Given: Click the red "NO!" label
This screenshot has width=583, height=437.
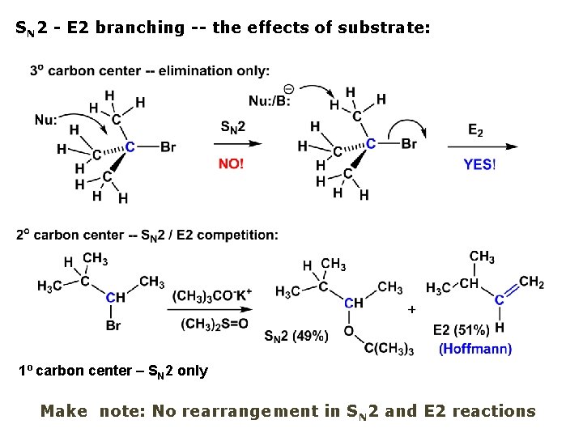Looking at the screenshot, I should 231,163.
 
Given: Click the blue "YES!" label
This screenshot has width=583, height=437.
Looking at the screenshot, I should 479,163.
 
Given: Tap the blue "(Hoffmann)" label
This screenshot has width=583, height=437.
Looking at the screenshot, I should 475,349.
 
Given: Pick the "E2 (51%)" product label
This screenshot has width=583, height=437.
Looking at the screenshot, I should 461,330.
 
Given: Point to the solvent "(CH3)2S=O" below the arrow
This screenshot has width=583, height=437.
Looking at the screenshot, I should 211,325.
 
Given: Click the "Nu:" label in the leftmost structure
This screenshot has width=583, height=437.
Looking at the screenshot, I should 46,119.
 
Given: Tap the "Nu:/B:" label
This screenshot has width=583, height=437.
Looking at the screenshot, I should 269,102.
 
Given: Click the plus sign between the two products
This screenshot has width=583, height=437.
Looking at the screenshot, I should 412,309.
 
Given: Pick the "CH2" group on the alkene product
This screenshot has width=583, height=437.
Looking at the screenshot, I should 531,282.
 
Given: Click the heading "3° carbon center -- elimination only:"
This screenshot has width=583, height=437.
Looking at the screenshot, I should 150,70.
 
